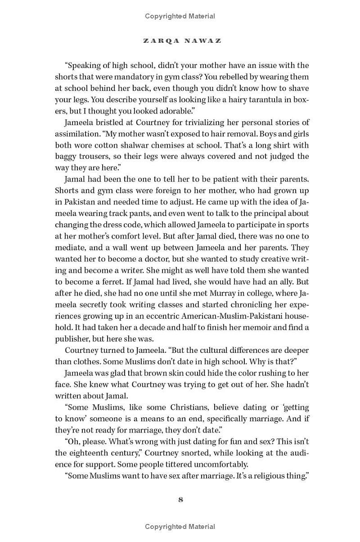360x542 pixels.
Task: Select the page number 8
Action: click(180, 499)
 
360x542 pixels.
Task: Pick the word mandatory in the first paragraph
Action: click(155, 77)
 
